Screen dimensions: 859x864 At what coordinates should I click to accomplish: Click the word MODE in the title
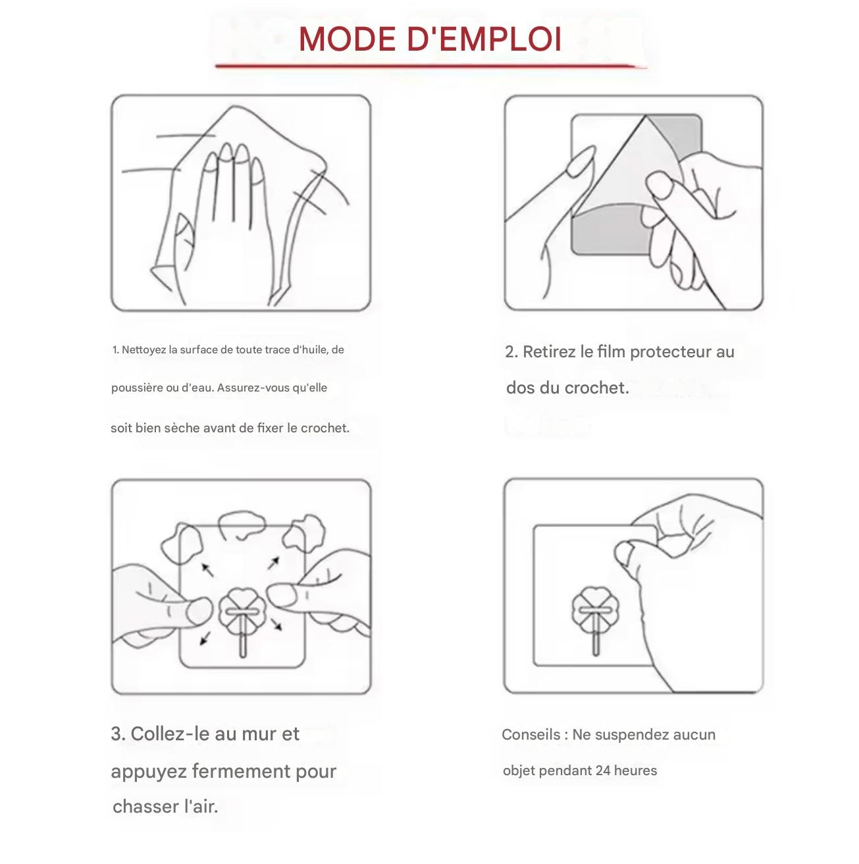tap(347, 39)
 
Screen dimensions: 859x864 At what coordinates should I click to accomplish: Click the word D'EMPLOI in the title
tap(484, 39)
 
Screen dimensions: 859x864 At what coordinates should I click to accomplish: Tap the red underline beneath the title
tap(430, 66)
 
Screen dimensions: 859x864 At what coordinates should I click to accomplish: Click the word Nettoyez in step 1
tap(144, 350)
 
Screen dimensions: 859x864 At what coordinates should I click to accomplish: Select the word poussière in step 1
tap(138, 388)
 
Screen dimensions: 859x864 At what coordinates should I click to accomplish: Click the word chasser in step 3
tap(145, 807)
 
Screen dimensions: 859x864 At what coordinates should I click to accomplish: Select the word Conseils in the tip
tap(531, 735)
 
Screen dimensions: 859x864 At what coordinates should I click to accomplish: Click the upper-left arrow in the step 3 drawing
tap(207, 569)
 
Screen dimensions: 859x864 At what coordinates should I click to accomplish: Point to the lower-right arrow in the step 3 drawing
tap(276, 624)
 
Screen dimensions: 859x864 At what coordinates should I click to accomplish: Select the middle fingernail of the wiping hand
tap(226, 151)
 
